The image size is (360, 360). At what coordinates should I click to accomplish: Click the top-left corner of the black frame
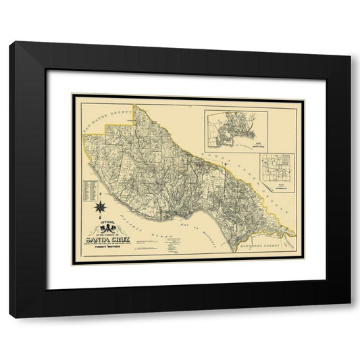tap(10, 42)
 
